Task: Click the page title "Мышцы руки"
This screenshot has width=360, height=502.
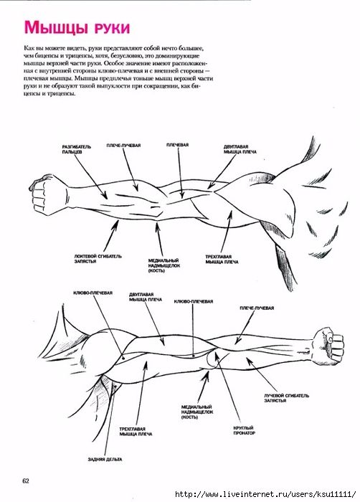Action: point(77,27)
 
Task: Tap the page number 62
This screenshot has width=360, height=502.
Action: point(26,480)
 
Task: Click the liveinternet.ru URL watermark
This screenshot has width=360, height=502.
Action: point(265,494)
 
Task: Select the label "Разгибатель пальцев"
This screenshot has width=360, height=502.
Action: point(77,149)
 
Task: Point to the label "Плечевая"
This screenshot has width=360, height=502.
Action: point(177,145)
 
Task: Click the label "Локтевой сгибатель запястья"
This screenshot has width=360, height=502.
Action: point(98,259)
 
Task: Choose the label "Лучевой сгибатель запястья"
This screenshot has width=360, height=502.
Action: point(286,398)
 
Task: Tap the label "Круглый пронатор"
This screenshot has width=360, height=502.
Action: point(244,430)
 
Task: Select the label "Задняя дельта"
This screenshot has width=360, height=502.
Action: point(105,460)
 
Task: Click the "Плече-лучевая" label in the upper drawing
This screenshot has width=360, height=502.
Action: point(123,146)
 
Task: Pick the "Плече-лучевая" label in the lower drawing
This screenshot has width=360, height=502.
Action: point(257,308)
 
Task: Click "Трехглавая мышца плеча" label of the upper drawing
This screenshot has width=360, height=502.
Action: point(222,260)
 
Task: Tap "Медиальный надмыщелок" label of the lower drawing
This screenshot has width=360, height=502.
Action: point(197,412)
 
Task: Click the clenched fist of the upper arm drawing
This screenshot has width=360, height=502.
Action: point(42,195)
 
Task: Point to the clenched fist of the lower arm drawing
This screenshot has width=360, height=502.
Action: point(328,346)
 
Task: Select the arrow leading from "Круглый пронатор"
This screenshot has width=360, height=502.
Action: point(228,388)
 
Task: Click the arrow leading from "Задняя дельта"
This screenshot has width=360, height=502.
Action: point(110,419)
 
